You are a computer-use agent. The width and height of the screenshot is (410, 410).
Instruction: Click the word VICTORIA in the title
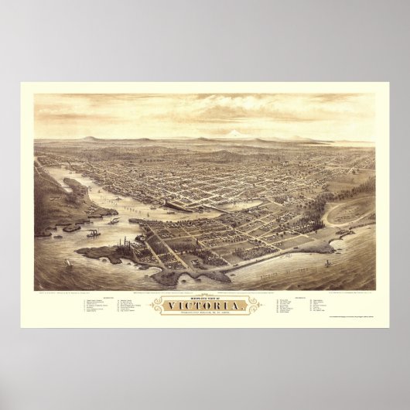tap(204, 309)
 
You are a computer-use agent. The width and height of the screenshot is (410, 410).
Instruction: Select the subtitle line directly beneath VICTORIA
tap(204, 317)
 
